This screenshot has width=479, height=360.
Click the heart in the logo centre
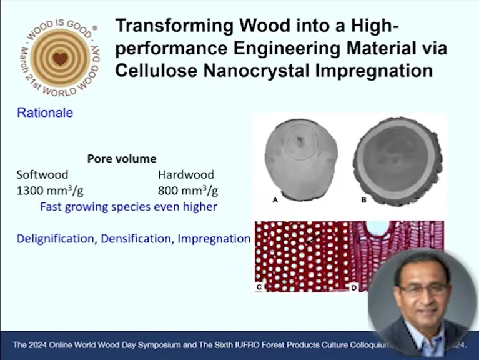(60, 59)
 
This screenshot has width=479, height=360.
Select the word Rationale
(45, 112)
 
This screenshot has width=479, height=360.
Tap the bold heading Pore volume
(122, 159)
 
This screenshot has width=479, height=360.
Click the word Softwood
(42, 174)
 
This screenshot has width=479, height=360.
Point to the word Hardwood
(185, 174)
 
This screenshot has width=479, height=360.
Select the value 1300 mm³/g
(50, 191)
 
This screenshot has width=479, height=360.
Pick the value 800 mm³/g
(188, 191)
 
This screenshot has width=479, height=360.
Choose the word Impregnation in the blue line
(214, 239)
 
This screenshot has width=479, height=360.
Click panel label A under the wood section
(275, 200)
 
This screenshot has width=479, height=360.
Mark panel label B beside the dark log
(363, 200)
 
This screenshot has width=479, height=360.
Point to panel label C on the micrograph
(259, 287)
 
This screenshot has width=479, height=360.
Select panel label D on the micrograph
(353, 287)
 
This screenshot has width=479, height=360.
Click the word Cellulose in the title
(156, 71)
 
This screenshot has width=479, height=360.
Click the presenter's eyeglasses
(423, 289)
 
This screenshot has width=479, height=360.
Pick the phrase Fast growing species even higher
(129, 207)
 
